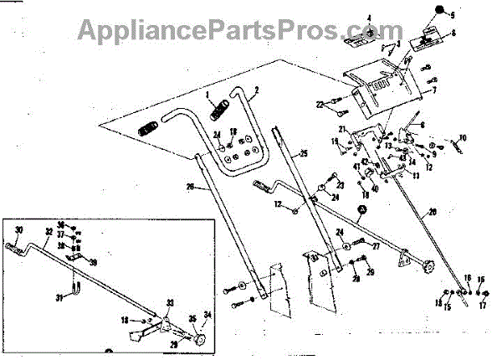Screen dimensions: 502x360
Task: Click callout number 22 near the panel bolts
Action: (319, 104)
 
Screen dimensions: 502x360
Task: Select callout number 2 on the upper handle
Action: (256, 89)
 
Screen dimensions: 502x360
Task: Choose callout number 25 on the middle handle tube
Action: (304, 153)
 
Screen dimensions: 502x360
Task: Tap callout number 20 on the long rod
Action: (432, 211)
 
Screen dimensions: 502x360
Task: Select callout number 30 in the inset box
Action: (18, 228)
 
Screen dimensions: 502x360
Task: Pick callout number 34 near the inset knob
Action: (209, 314)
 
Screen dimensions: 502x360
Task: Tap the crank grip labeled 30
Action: (14, 247)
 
